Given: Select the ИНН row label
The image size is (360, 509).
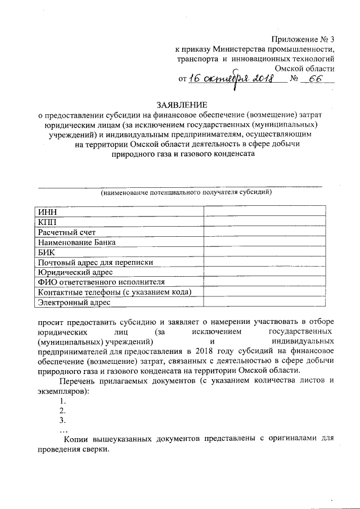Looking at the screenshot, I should (46, 211).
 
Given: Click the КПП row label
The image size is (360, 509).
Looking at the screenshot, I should (47, 222).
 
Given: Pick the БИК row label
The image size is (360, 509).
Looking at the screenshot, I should (46, 252).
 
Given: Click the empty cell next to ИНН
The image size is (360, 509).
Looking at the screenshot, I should (264, 211).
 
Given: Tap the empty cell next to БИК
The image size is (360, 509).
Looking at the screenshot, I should (264, 252).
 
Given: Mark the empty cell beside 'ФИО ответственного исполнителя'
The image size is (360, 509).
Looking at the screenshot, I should (264, 282).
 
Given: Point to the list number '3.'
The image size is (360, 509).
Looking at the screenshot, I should (62, 420).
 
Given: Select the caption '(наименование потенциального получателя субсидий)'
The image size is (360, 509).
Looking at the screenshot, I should (179, 193).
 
